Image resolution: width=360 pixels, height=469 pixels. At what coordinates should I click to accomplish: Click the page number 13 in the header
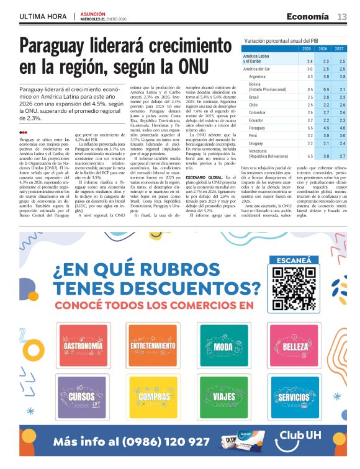(x=342, y=17)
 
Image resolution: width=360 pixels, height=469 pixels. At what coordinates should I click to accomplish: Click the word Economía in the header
(x=308, y=17)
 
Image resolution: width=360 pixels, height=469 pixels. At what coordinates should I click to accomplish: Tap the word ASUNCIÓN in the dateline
(x=93, y=13)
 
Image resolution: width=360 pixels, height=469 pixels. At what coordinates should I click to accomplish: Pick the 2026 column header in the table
(x=323, y=48)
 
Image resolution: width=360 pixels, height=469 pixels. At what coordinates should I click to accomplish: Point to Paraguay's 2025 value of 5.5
(x=309, y=128)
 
